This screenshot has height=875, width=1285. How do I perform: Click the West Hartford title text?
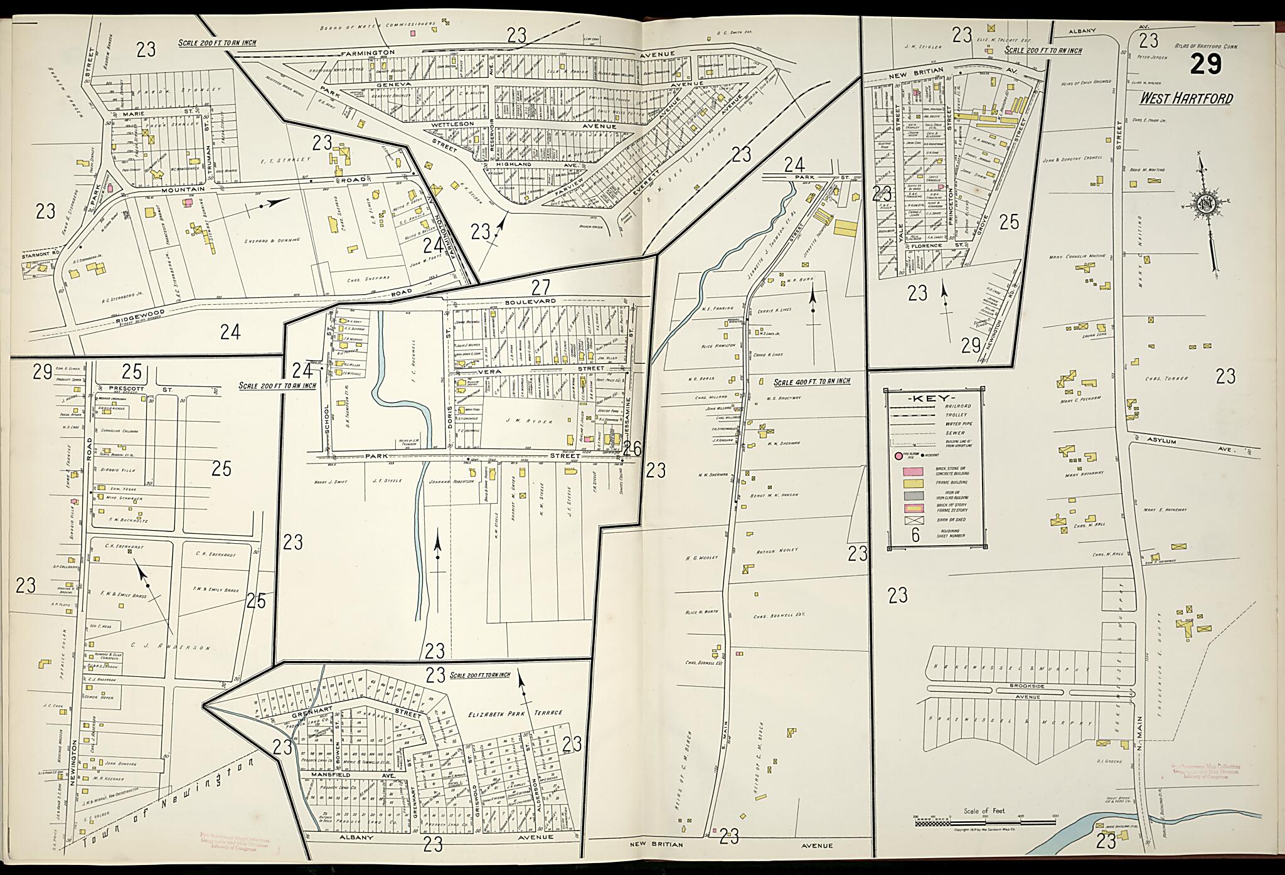click(x=1185, y=98)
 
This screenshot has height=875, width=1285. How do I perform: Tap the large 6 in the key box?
click(x=915, y=534)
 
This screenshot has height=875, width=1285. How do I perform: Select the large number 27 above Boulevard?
click(x=541, y=287)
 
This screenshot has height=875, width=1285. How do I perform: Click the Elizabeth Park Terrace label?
click(x=515, y=713)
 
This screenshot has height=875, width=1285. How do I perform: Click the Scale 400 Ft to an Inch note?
click(x=811, y=381)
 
